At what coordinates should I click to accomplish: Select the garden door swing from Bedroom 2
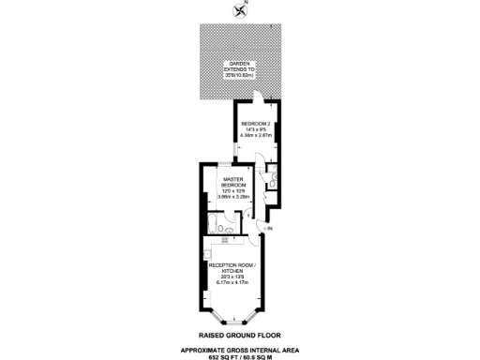pyautogui.click(x=258, y=98)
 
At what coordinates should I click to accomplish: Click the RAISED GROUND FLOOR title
pyautogui.click(x=239, y=335)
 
